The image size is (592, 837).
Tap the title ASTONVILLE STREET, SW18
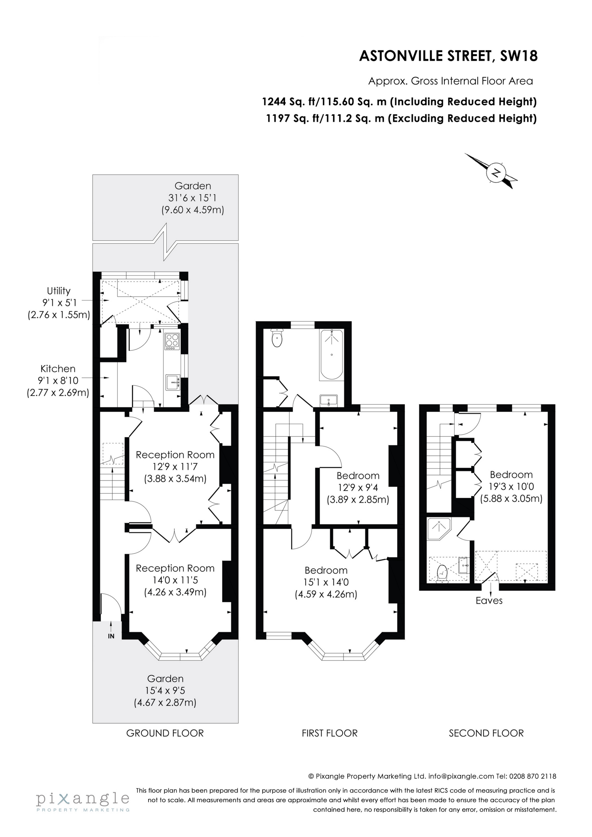pyautogui.click(x=448, y=56)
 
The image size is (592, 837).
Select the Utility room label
pyautogui.click(x=58, y=291)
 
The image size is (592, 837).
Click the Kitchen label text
pyautogui.click(x=58, y=369)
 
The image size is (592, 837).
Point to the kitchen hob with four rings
pyautogui.click(x=172, y=340)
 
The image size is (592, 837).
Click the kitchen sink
pyautogui.click(x=172, y=383)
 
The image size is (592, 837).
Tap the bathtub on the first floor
pyautogui.click(x=331, y=354)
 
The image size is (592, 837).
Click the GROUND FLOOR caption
pyautogui.click(x=165, y=733)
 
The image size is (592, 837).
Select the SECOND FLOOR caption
pyautogui.click(x=486, y=733)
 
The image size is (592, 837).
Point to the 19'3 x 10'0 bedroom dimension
pyautogui.click(x=511, y=486)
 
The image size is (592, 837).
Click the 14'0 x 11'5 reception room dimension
pyautogui.click(x=175, y=580)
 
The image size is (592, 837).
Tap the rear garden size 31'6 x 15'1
pyautogui.click(x=193, y=198)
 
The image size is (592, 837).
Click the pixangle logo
pyautogui.click(x=83, y=799)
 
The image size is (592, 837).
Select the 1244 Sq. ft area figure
pyautogui.click(x=288, y=102)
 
